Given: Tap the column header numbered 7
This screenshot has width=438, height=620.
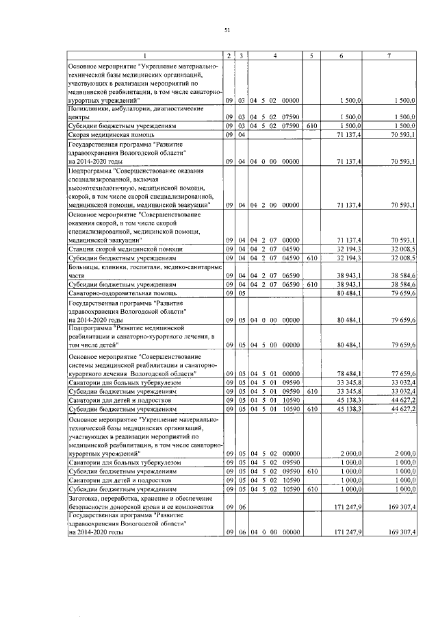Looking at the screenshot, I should [x=389, y=55].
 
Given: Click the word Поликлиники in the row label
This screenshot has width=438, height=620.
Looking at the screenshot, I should [x=85, y=109].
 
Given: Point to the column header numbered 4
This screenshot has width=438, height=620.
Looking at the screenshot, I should [x=274, y=55].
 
